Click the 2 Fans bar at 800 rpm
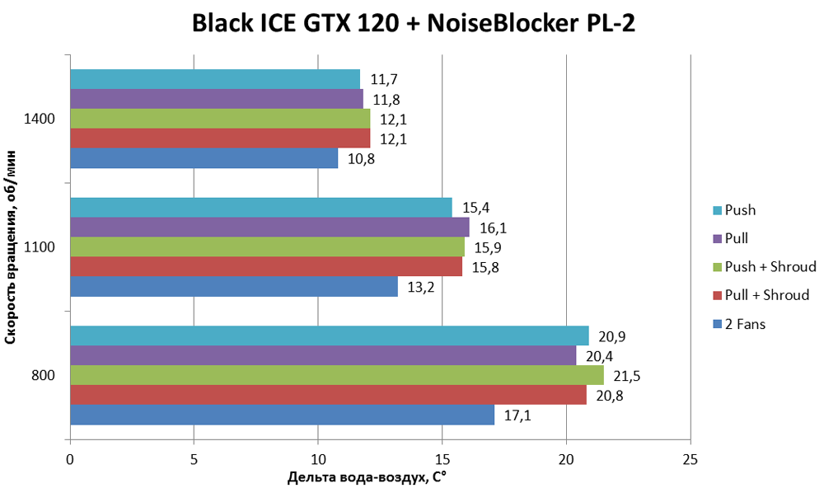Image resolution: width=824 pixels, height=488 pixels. [282, 415]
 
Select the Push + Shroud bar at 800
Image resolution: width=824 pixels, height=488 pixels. [336, 375]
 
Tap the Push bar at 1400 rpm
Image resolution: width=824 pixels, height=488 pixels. [214, 79]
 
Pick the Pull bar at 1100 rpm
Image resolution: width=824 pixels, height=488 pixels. [269, 227]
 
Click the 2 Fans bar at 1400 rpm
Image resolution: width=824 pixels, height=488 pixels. [204, 158]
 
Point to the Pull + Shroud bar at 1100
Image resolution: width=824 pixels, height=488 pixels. [265, 266]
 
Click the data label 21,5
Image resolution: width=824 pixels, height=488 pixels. [626, 376]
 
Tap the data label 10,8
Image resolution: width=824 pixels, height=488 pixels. [361, 158]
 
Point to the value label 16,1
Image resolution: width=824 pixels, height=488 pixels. [492, 228]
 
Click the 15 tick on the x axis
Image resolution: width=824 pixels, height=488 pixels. [442, 457]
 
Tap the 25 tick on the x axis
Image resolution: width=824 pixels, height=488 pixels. [690, 457]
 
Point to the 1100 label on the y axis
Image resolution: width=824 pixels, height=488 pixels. [40, 247]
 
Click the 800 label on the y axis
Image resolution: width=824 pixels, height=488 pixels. [44, 376]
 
